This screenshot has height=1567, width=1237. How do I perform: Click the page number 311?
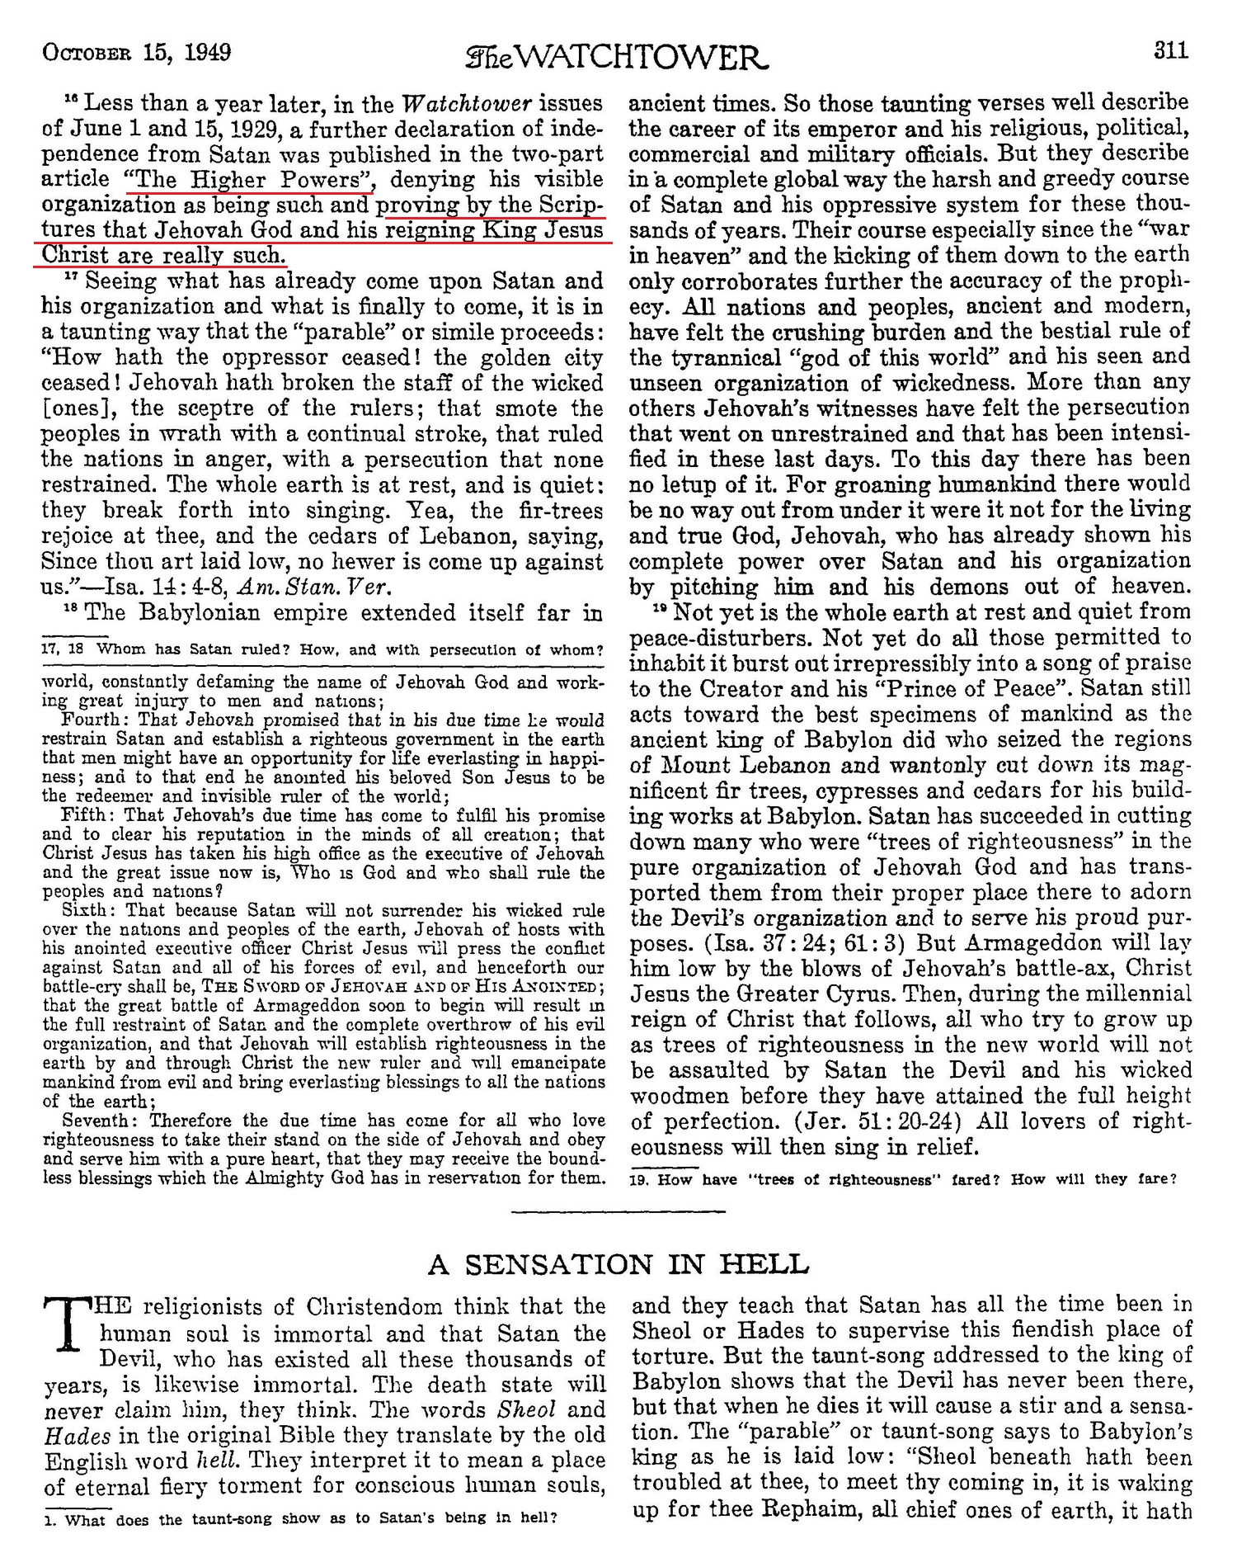[1171, 51]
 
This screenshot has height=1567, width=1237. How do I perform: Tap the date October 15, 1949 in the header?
[136, 53]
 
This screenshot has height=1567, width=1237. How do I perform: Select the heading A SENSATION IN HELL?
[618, 1264]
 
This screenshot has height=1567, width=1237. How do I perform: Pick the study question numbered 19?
[901, 1178]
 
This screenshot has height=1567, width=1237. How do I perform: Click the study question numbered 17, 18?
[322, 649]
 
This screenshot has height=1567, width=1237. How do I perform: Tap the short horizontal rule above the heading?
[618, 1211]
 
